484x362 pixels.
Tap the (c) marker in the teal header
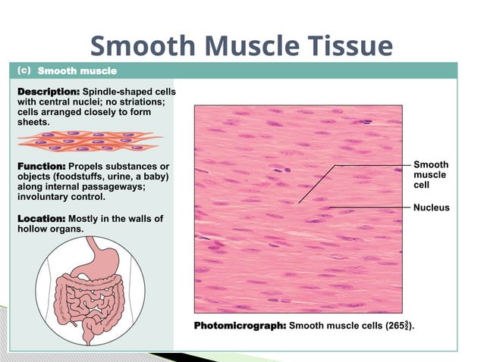pos(23,70)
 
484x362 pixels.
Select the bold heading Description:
pos(48,91)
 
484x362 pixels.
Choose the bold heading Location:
pos(41,218)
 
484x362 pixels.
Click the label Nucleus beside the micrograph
pos(431,208)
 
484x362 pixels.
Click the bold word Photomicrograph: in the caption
pos(240,326)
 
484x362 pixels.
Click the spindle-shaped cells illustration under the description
pos(90,142)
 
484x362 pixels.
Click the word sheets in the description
pos(33,122)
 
